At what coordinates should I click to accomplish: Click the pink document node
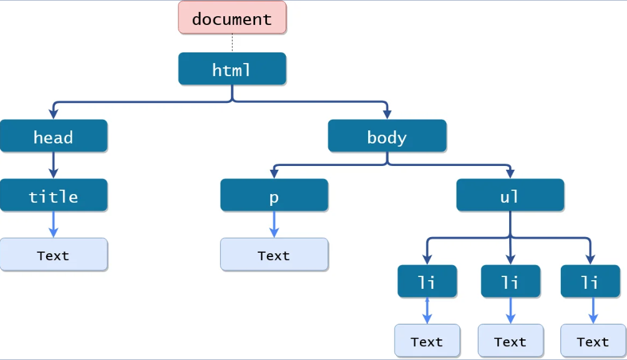pos(232,17)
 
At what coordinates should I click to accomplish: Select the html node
pos(232,69)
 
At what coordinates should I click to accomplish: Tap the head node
pos(54,136)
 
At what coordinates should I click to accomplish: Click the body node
pos(387,136)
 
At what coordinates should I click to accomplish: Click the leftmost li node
pos(427,281)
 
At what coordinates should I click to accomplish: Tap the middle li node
pos(510,281)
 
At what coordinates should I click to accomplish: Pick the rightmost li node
pos(590,281)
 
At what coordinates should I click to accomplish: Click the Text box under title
pos(54,255)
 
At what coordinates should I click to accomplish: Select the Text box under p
pos(274,255)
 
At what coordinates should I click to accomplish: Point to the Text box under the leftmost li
pos(427,341)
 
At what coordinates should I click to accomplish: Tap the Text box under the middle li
pos(510,341)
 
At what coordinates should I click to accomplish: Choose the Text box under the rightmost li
pos(593,341)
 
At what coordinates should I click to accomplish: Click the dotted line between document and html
pos(232,43)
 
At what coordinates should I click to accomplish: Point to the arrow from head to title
pos(54,165)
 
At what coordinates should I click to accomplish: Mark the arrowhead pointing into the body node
pos(387,114)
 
